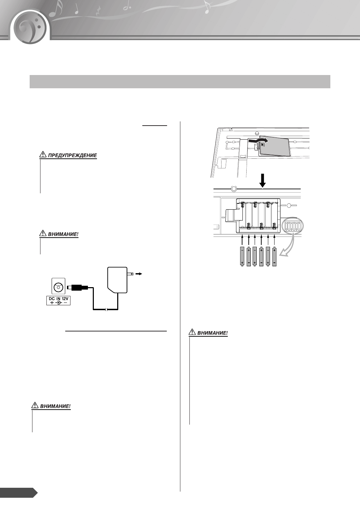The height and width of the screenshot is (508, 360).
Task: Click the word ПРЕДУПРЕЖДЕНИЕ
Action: [x=72, y=155]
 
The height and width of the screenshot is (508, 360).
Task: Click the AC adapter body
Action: [x=117, y=279]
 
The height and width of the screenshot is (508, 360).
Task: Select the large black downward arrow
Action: [x=263, y=180]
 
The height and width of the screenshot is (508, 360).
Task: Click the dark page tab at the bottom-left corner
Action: [x=17, y=493]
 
